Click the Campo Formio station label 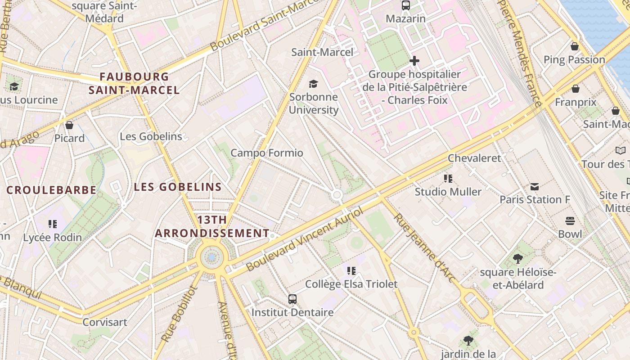[x=267, y=153]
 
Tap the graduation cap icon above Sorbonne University [x=313, y=84]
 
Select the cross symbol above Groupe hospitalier [x=414, y=61]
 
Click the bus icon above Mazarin [x=406, y=5]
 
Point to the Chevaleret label [x=474, y=158]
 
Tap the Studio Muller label [x=448, y=192]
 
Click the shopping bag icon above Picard [x=69, y=125]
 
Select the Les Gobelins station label [x=151, y=136]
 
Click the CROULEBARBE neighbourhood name [x=51, y=190]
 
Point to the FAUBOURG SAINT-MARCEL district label [x=134, y=83]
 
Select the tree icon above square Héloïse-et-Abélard [x=518, y=259]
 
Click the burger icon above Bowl [x=570, y=221]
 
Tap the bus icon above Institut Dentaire [x=292, y=299]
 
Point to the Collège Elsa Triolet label [x=351, y=284]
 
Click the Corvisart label [x=105, y=322]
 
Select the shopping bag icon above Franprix [x=576, y=89]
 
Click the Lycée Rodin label [x=53, y=237]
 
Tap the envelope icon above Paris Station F [x=535, y=186]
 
